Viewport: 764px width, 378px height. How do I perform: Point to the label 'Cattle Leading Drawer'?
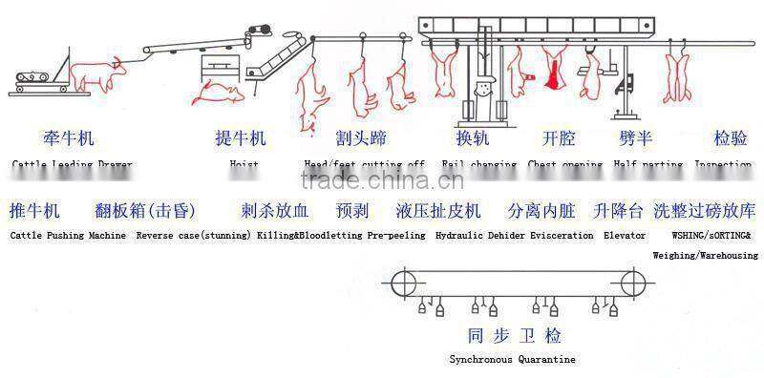(x=73, y=164)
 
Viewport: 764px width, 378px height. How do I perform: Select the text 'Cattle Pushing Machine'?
(x=68, y=235)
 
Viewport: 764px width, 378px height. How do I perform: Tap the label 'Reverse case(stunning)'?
(x=194, y=235)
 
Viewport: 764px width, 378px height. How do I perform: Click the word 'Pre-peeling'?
(x=396, y=235)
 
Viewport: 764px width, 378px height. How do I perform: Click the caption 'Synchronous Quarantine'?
(x=514, y=360)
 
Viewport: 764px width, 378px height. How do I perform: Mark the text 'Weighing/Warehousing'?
(x=705, y=255)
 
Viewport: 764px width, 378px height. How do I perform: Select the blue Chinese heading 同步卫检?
(x=514, y=335)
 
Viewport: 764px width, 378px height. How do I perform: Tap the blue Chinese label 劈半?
(x=635, y=138)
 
